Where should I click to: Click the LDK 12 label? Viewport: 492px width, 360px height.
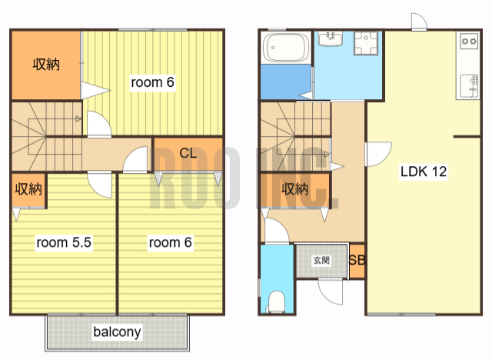(x=424, y=172)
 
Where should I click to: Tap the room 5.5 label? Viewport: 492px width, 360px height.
(x=64, y=242)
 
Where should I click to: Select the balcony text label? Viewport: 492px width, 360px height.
(x=117, y=332)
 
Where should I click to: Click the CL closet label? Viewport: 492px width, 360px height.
(x=188, y=153)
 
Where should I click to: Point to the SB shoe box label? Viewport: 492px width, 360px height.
(x=357, y=260)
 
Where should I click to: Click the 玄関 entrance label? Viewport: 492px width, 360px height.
(x=321, y=260)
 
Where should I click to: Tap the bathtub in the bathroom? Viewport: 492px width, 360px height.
(x=286, y=48)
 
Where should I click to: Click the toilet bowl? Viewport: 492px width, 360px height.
(x=277, y=302)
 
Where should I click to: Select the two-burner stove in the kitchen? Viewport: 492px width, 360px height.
(x=470, y=41)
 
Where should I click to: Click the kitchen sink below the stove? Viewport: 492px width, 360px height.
(x=469, y=86)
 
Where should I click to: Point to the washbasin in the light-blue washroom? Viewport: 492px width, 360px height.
(x=331, y=39)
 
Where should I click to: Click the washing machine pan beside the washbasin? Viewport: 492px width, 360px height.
(x=366, y=43)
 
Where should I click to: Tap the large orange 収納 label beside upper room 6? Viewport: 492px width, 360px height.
(x=46, y=65)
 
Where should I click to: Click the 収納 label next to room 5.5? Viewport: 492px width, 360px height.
(x=28, y=189)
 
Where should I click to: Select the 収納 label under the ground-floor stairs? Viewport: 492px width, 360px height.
(x=294, y=189)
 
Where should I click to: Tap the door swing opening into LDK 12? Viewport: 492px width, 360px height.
(x=379, y=154)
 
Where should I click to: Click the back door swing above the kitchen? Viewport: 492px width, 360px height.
(x=419, y=22)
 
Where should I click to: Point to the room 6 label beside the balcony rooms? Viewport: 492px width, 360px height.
(x=170, y=242)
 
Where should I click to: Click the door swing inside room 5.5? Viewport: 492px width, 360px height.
(x=99, y=185)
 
